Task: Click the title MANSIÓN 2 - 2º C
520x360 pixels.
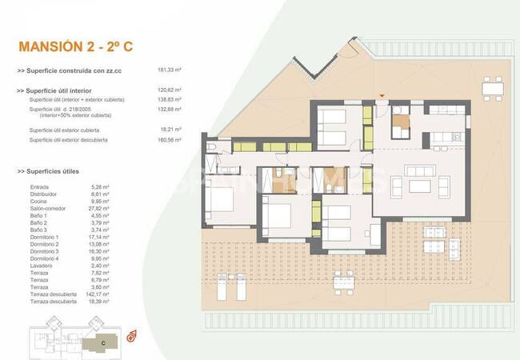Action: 75,47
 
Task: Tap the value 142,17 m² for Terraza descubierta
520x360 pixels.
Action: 82,294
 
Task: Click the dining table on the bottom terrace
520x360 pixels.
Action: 344,280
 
